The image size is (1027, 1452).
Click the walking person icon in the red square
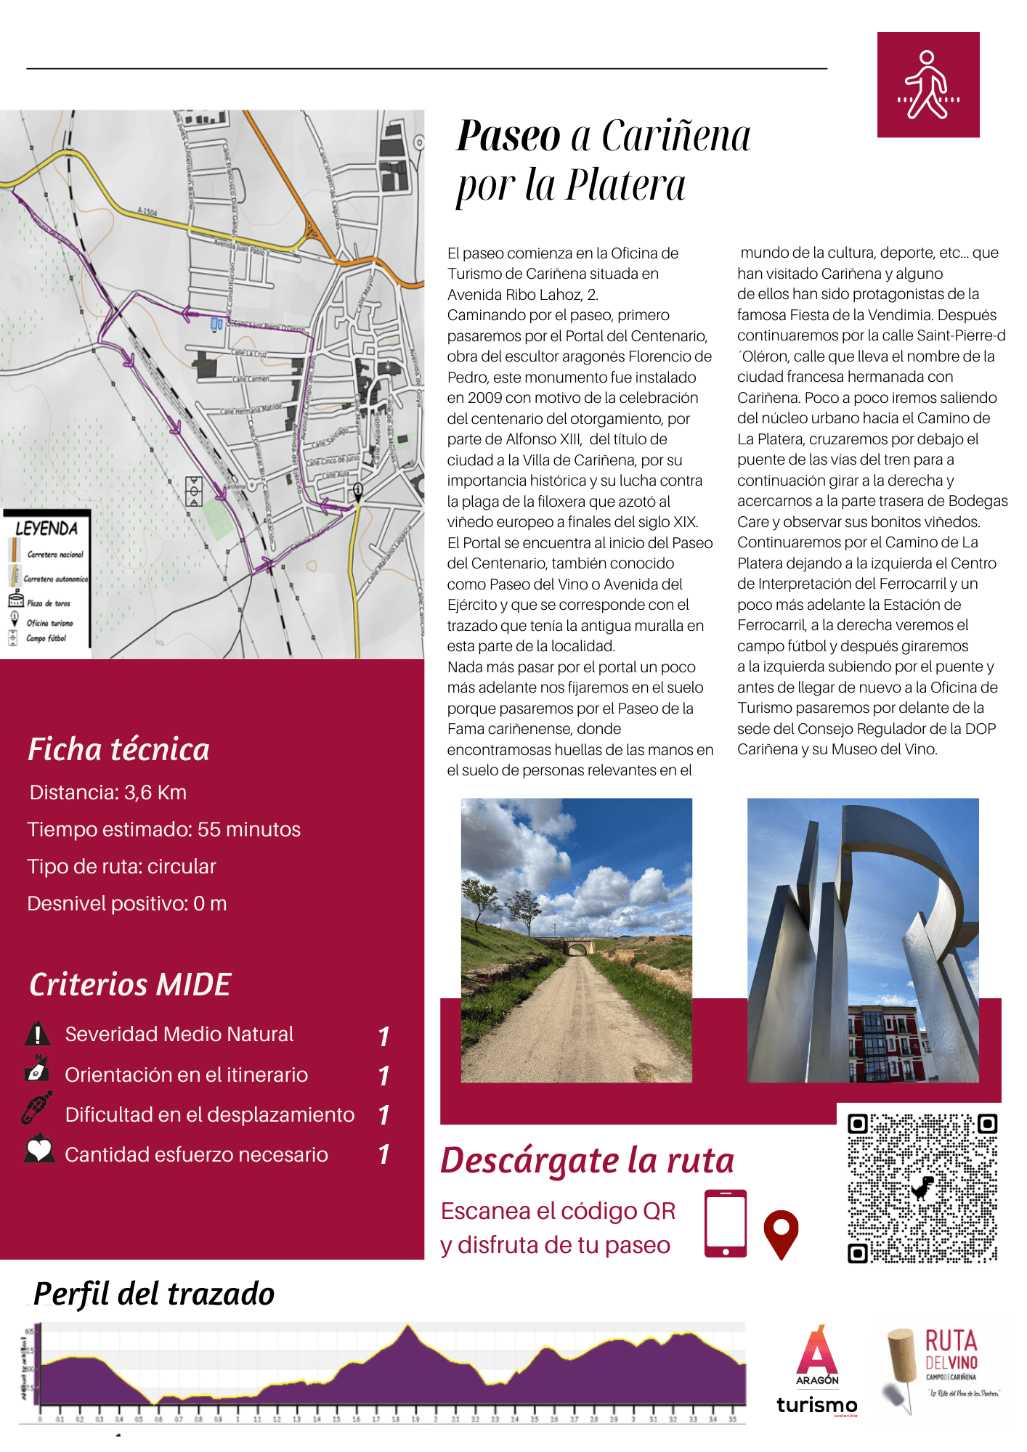(x=927, y=84)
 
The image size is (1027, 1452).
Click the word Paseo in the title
(x=508, y=136)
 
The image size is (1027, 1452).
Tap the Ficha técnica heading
(x=118, y=749)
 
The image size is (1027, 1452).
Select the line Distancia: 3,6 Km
(x=108, y=792)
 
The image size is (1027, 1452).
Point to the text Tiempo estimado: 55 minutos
(x=163, y=829)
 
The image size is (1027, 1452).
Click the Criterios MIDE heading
(x=130, y=984)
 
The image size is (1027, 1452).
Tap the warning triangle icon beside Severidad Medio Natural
(x=37, y=1034)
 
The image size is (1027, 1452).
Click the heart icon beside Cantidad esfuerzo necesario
(x=39, y=1150)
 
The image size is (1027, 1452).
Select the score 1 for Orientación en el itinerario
(x=384, y=1075)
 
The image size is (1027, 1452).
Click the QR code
(x=922, y=1188)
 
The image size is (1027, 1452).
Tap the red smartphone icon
(x=725, y=1223)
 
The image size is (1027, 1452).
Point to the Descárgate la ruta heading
(x=587, y=1160)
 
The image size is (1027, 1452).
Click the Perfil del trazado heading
(x=154, y=1294)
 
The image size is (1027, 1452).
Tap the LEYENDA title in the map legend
(x=46, y=529)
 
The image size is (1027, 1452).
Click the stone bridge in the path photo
(x=578, y=947)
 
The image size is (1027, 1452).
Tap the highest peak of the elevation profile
(x=408, y=1326)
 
